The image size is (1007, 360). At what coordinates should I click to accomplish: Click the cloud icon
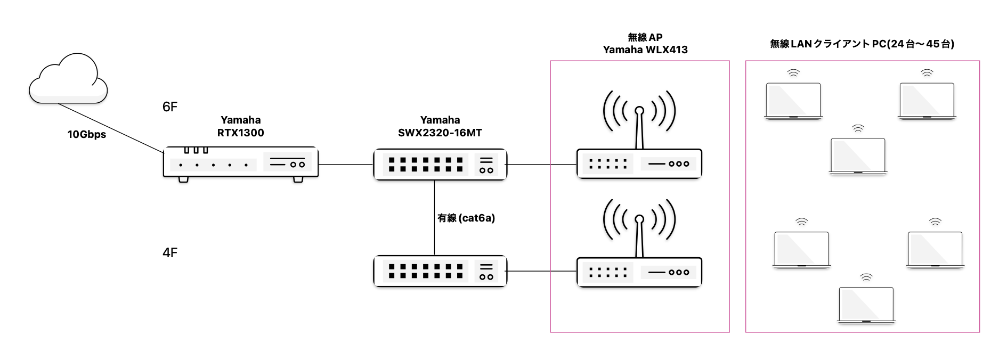click(x=68, y=80)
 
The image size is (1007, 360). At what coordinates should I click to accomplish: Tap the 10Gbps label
click(x=86, y=134)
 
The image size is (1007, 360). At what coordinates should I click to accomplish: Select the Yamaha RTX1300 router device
click(x=240, y=162)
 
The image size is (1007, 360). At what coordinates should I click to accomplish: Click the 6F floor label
click(x=169, y=107)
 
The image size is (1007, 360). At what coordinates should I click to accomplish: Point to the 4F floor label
click(x=169, y=252)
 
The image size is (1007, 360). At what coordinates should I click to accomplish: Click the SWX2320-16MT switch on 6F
click(x=440, y=165)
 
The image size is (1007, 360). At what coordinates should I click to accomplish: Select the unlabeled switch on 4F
click(x=440, y=271)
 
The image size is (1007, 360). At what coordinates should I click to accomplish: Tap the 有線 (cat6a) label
click(x=466, y=218)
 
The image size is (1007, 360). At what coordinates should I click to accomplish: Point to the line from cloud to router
click(x=109, y=128)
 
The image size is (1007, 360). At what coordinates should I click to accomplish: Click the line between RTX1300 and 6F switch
click(x=345, y=165)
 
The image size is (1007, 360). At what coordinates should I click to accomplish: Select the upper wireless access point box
click(x=639, y=164)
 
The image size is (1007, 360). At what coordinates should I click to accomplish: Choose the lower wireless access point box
click(x=639, y=272)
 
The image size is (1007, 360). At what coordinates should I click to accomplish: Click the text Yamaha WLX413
click(x=645, y=50)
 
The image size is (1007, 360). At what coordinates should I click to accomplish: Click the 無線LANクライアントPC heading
click(x=862, y=44)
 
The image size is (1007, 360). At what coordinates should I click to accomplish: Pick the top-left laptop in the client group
click(x=793, y=101)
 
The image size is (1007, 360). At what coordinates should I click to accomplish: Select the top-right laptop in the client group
click(x=927, y=101)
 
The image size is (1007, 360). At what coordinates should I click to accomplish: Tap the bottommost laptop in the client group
click(x=866, y=305)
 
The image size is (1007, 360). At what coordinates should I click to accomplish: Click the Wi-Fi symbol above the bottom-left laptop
click(x=801, y=222)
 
